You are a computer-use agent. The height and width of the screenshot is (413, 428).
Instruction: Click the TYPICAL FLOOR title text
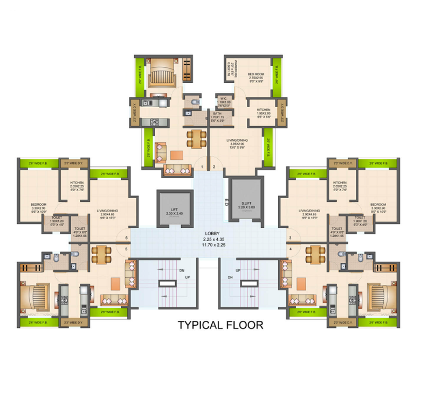coord(220,325)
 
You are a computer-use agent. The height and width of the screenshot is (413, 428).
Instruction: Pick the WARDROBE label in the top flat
coord(229,68)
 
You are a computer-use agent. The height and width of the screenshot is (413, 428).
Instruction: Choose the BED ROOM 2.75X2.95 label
coord(256,76)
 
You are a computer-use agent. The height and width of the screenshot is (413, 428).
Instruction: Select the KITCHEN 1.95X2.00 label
coord(264,113)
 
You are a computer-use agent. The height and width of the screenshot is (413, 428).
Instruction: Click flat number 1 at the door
coord(202,167)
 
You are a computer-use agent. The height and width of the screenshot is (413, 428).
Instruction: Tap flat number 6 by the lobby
coord(126,237)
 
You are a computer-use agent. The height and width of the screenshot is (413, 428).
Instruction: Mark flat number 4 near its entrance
coord(290,249)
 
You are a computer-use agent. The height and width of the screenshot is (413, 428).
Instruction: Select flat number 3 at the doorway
coord(290,237)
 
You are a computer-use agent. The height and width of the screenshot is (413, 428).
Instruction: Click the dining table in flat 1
coord(196,138)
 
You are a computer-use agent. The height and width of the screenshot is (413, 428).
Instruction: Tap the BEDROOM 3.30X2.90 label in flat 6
coord(38,207)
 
